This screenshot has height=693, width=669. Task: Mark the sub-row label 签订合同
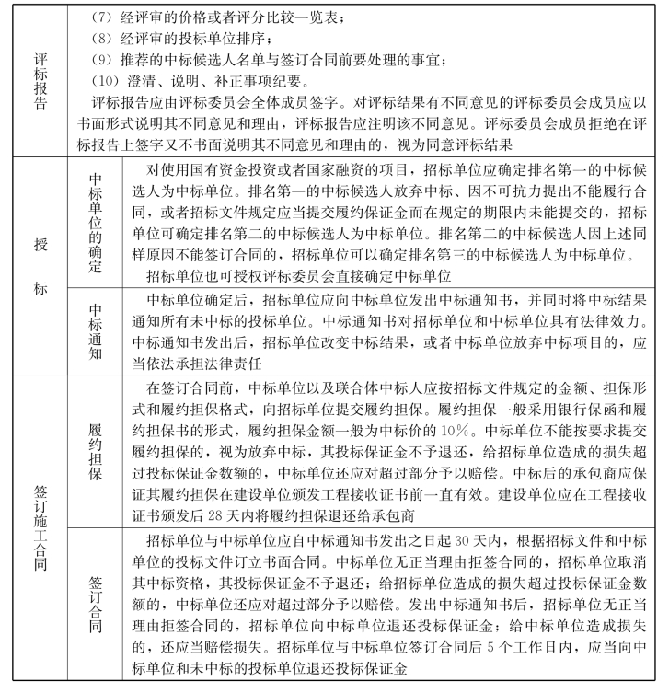click(x=95, y=603)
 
